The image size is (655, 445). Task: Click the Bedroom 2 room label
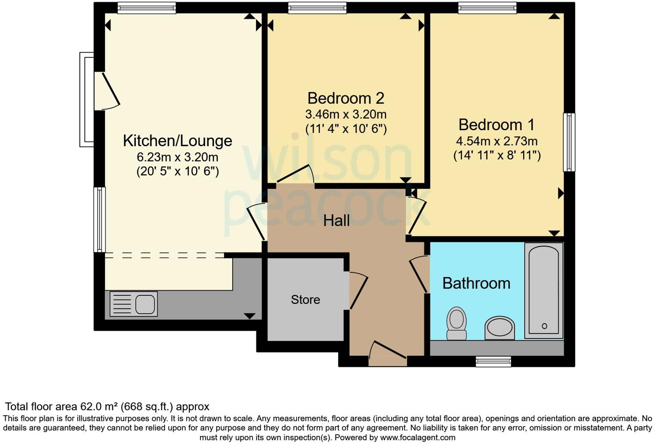pyautogui.click(x=346, y=98)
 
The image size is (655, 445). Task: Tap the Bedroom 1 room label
pyautogui.click(x=496, y=125)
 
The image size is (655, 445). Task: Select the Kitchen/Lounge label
pyautogui.click(x=178, y=141)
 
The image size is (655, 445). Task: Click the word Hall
pyautogui.click(x=336, y=221)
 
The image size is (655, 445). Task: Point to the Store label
pyautogui.click(x=305, y=300)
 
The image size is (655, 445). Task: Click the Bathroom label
pyautogui.click(x=476, y=283)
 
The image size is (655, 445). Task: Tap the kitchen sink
pyautogui.click(x=134, y=304)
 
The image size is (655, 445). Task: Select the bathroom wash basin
pyautogui.click(x=500, y=328)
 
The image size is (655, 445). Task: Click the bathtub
pyautogui.click(x=544, y=291)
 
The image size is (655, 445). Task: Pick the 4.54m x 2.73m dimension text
pyautogui.click(x=496, y=141)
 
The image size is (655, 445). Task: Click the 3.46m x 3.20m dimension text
pyautogui.click(x=346, y=114)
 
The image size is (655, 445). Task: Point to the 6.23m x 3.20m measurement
pyautogui.click(x=178, y=157)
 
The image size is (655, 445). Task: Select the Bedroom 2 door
pyautogui.click(x=295, y=175)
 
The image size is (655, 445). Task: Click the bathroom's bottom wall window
pyautogui.click(x=493, y=361)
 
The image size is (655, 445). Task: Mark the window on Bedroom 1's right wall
pyautogui.click(x=569, y=142)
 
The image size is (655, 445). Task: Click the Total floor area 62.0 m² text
pyautogui.click(x=107, y=407)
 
